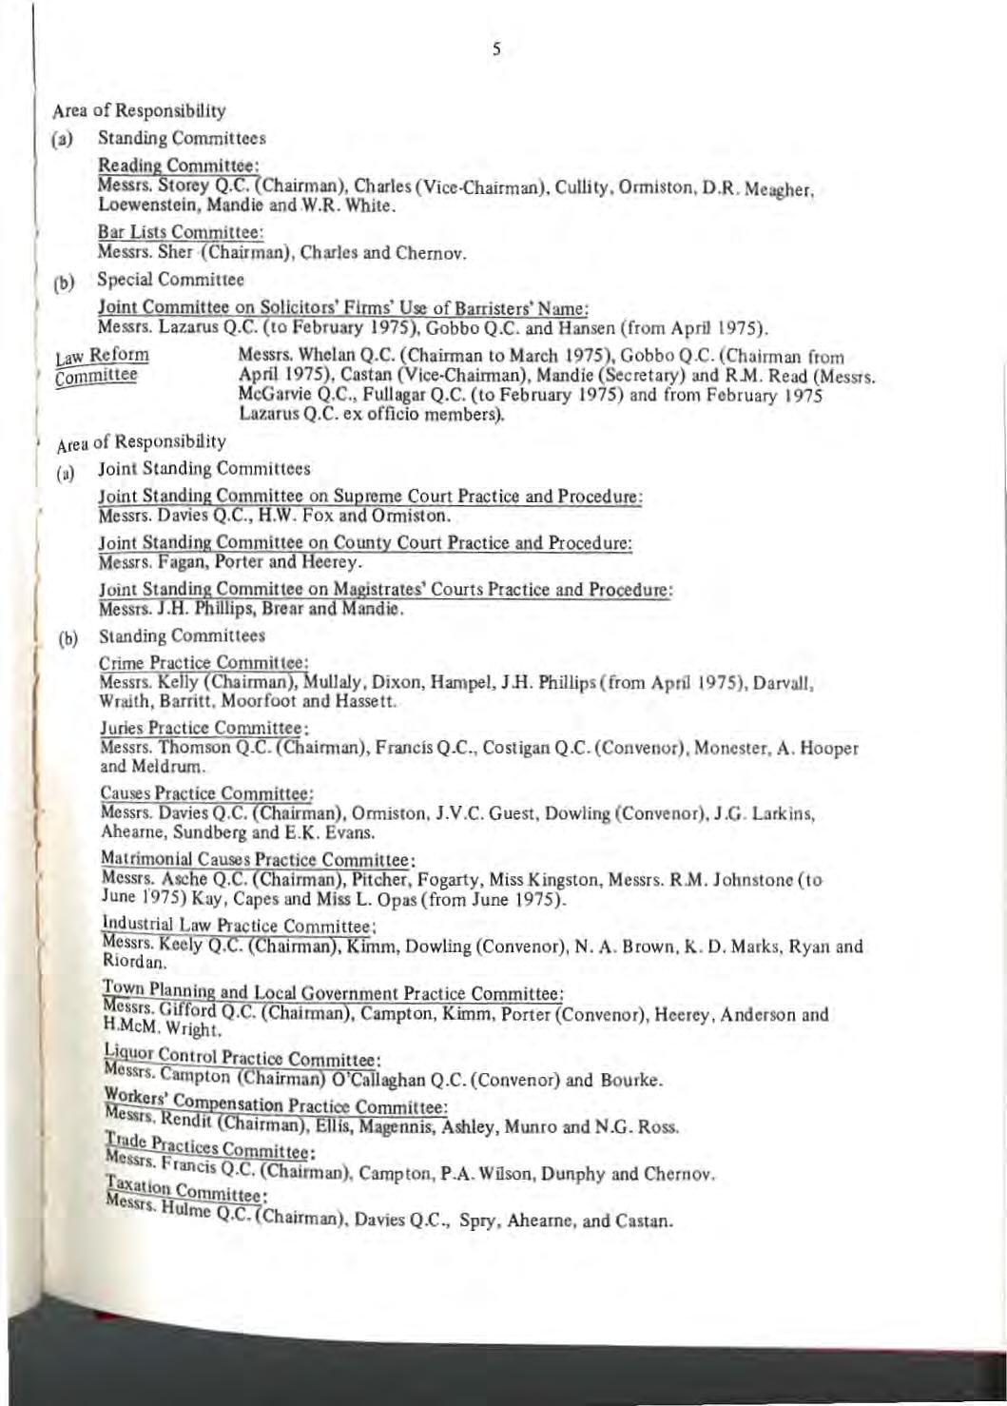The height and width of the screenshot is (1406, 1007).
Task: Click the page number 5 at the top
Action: point(496,52)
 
